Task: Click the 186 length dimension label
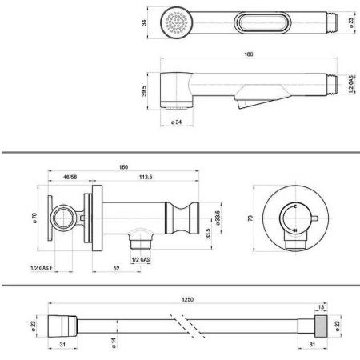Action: (249, 54)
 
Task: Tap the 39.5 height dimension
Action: (144, 90)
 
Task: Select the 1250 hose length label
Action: (188, 299)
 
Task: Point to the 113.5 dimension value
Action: (146, 177)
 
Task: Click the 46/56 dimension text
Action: (70, 177)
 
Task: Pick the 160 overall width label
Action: (123, 167)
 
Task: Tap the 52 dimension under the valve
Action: (116, 268)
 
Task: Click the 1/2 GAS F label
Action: (42, 268)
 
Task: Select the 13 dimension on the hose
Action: (321, 307)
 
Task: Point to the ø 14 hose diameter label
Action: (114, 343)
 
